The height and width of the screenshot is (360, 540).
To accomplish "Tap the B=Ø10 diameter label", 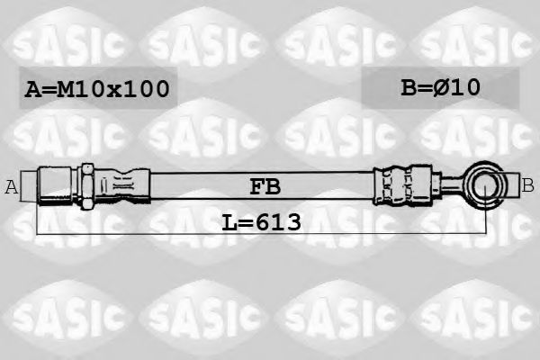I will [x=440, y=87].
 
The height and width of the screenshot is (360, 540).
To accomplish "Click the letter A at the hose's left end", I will [x=12, y=187].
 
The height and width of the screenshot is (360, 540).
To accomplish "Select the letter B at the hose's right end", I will [x=527, y=185].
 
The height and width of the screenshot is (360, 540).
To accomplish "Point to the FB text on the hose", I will [x=265, y=187].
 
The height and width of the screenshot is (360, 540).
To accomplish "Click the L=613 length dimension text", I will [x=261, y=220].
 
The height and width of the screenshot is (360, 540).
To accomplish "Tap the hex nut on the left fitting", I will [x=87, y=186].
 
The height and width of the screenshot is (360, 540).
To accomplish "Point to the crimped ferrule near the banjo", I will [x=397, y=186].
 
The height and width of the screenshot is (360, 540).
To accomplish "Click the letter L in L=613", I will [x=229, y=220].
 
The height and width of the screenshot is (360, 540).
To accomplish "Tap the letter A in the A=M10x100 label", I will [x=33, y=89].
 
